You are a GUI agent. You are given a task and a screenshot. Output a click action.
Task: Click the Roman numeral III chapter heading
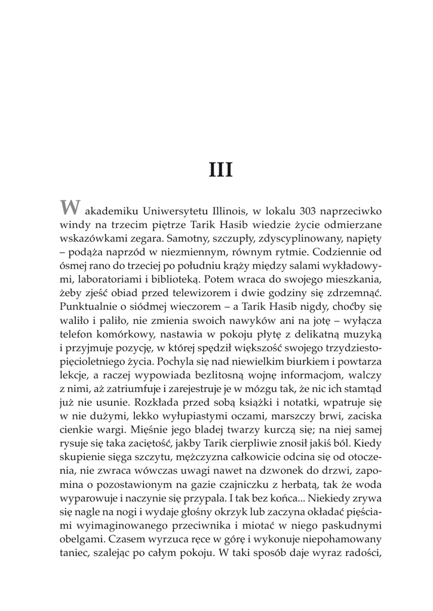[x=220, y=169]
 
